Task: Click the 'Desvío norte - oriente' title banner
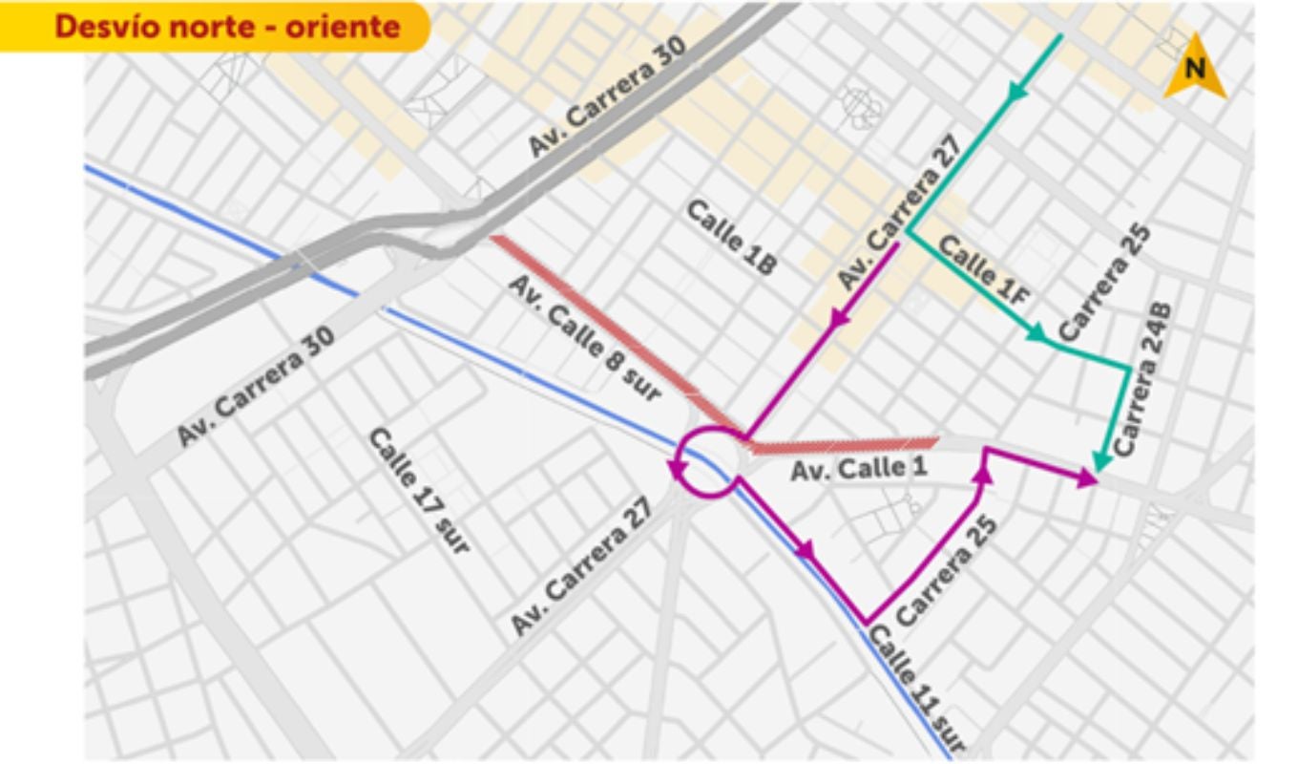pyautogui.click(x=226, y=27)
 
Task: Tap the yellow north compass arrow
pyautogui.click(x=1195, y=69)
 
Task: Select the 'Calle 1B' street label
pyautogui.click(x=732, y=238)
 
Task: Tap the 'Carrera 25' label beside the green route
pyautogui.click(x=1104, y=284)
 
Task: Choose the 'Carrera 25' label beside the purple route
pyautogui.click(x=947, y=571)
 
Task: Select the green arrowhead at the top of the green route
pyautogui.click(x=1018, y=91)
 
